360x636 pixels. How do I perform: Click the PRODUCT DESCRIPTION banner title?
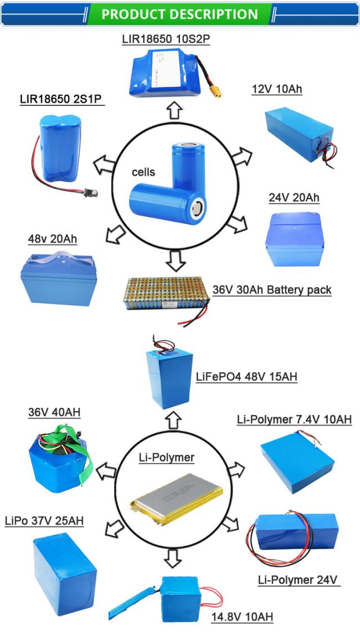click(x=179, y=14)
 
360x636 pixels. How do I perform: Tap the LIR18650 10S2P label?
click(x=166, y=39)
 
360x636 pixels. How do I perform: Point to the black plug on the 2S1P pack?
click(x=91, y=193)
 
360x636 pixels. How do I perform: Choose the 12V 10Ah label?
click(x=277, y=89)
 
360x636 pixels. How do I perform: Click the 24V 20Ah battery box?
click(x=295, y=239)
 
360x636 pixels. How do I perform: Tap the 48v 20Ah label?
click(x=52, y=239)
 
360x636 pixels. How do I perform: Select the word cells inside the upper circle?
click(x=143, y=172)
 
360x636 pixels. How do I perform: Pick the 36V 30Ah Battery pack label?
click(x=272, y=290)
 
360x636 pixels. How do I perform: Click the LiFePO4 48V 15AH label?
click(x=246, y=377)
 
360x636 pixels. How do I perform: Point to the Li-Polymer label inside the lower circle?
click(x=167, y=458)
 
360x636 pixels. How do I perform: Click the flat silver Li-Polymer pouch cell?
click(x=177, y=499)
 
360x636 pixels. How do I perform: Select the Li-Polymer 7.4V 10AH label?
click(x=294, y=419)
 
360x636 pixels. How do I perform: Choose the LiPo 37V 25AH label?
click(x=44, y=520)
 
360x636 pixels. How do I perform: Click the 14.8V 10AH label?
click(x=242, y=617)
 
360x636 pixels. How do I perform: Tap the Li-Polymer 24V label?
click(x=298, y=579)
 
